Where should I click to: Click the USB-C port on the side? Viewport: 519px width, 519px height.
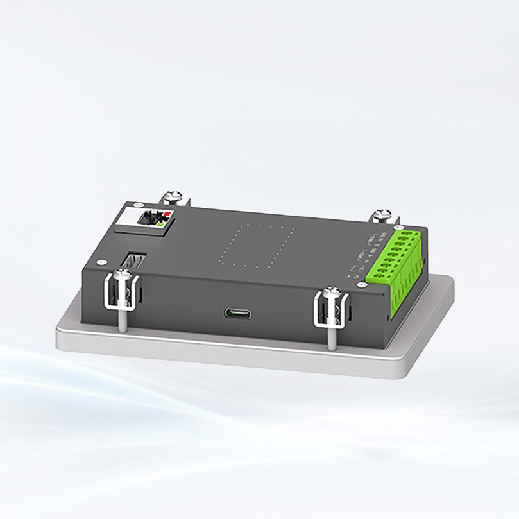(237, 314)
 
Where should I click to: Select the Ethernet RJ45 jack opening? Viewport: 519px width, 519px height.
(151, 218)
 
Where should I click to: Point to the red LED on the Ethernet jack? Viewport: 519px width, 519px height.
(168, 214)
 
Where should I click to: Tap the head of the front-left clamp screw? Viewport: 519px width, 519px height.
(123, 275)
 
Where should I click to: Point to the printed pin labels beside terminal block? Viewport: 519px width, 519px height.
(363, 253)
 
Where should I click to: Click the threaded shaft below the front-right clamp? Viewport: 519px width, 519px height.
(331, 337)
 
